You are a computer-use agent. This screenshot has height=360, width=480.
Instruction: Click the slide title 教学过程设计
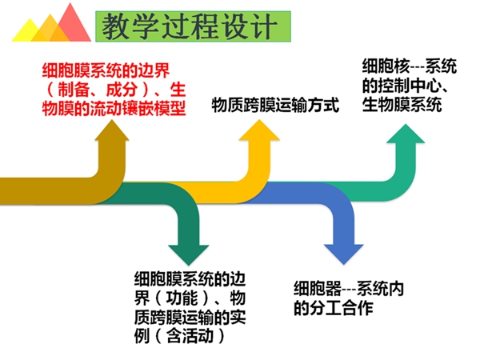[189, 26]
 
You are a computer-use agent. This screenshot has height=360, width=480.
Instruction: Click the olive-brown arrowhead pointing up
[112, 130]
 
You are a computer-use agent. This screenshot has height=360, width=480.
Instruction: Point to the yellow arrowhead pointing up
[259, 130]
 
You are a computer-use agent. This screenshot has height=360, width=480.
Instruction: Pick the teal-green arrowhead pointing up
[406, 134]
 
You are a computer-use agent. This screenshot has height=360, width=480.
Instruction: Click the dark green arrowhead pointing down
[189, 254]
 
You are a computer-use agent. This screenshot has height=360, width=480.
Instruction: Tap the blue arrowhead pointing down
[343, 254]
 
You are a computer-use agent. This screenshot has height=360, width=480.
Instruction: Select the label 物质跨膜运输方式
[275, 105]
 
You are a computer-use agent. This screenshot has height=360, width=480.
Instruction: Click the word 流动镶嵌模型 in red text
[138, 108]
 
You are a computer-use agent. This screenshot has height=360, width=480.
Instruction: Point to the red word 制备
[74, 90]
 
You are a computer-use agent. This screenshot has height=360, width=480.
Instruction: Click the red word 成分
[122, 90]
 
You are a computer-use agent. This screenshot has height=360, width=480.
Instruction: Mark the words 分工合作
[341, 308]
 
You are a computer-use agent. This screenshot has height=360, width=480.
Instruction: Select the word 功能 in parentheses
[182, 298]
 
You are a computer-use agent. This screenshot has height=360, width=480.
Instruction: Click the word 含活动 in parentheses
[190, 336]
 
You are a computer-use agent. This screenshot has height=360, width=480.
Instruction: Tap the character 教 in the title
[115, 27]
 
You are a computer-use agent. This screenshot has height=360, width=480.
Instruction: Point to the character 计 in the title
[265, 27]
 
